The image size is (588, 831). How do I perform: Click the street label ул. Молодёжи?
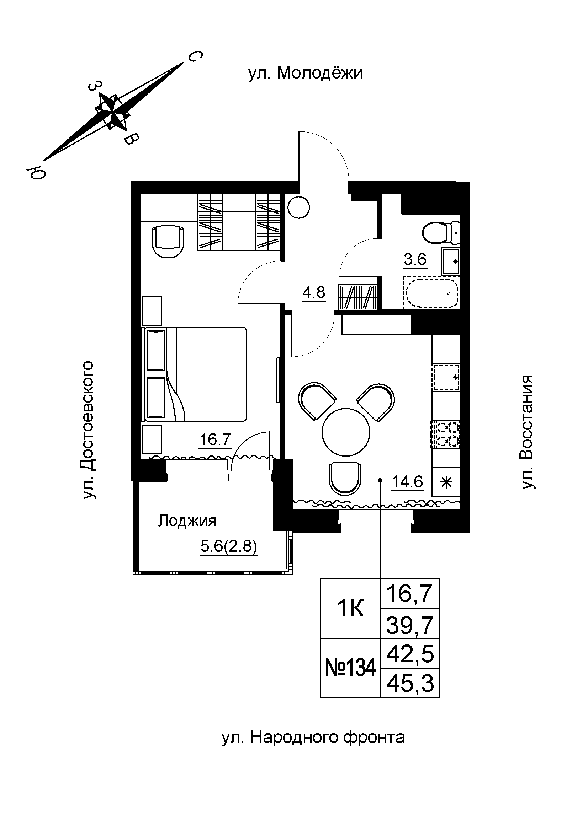pyautogui.click(x=306, y=74)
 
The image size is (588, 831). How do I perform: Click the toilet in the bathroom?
pyautogui.click(x=441, y=232)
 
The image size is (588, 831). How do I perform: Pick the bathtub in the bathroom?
pyautogui.click(x=431, y=293)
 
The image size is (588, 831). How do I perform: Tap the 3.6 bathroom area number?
pyautogui.click(x=415, y=260)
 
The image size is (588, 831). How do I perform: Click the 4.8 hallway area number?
pyautogui.click(x=314, y=292)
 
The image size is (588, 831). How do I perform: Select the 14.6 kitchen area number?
pyautogui.click(x=408, y=482)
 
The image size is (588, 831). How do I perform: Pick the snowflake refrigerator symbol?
pyautogui.click(x=446, y=482)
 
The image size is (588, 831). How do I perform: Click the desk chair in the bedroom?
pyautogui.click(x=168, y=241)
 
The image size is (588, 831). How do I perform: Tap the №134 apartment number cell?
pyautogui.click(x=350, y=668)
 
